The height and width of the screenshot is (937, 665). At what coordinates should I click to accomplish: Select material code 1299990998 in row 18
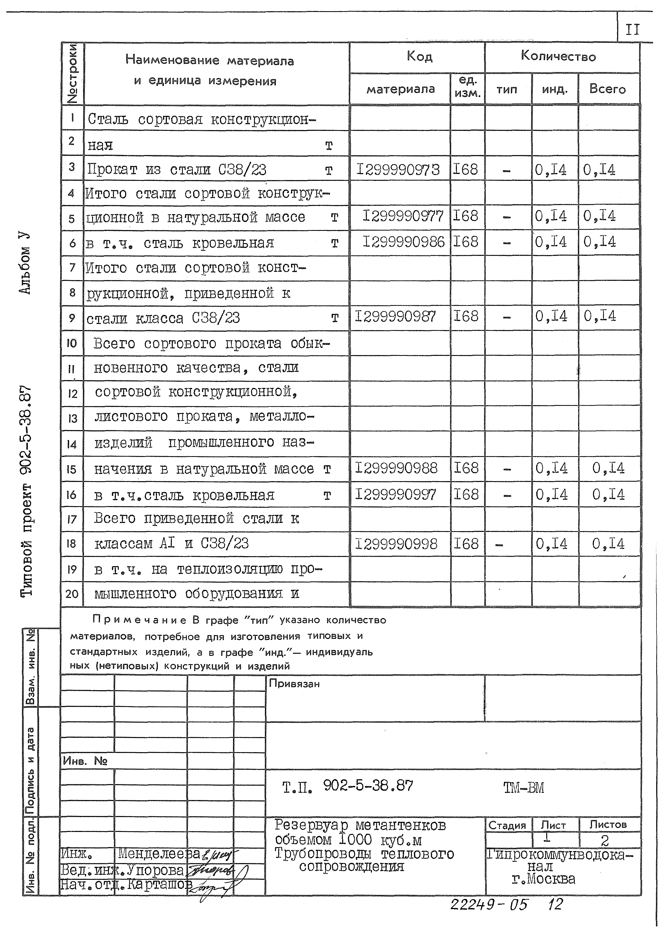[396, 544]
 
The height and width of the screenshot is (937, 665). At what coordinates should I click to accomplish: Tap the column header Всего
[607, 89]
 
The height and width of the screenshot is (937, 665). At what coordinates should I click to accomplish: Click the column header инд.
[554, 89]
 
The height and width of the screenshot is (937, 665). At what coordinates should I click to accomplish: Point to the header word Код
[419, 56]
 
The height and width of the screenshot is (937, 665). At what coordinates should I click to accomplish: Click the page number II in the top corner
[632, 30]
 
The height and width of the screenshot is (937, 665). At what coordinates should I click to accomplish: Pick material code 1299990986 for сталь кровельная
[403, 242]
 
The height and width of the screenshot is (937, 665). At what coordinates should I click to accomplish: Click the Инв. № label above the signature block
[85, 761]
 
